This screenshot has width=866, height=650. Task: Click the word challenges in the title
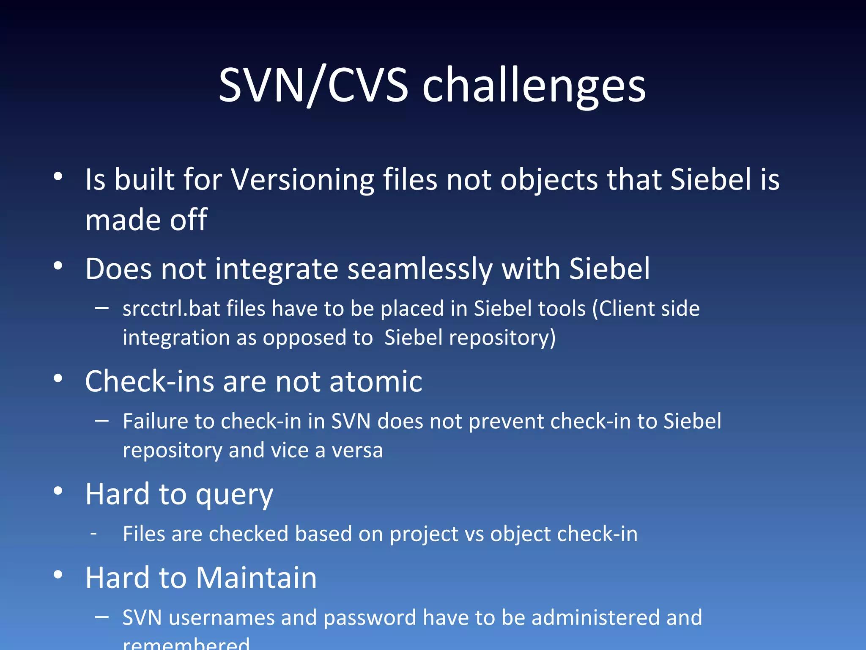click(534, 87)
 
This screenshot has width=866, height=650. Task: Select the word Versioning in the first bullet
click(302, 180)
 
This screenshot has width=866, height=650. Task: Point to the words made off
click(146, 220)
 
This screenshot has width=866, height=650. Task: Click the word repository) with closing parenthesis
click(502, 338)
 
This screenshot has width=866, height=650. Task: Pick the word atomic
click(375, 382)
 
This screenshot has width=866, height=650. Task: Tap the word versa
click(357, 450)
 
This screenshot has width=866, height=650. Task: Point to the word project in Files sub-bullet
click(424, 534)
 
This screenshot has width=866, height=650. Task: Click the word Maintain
click(256, 578)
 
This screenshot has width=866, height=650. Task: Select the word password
click(370, 618)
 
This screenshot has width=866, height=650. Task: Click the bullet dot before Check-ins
click(58, 378)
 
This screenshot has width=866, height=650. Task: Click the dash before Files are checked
click(94, 534)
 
